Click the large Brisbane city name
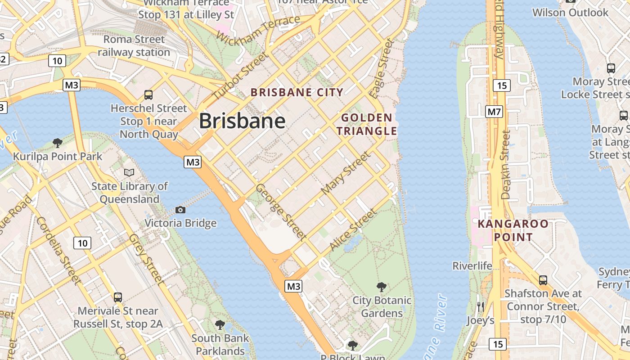(x=242, y=121)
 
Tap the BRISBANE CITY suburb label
(x=297, y=93)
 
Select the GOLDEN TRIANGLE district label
(x=369, y=125)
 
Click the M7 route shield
(x=494, y=112)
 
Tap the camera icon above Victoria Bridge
(x=180, y=210)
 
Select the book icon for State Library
(x=129, y=172)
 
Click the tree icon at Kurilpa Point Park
(x=57, y=143)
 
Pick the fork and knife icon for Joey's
(x=480, y=307)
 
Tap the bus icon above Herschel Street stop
(x=148, y=94)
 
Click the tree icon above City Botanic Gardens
(x=382, y=287)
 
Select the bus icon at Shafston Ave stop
(x=543, y=280)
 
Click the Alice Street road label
(x=352, y=230)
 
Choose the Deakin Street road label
(x=506, y=165)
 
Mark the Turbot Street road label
(x=240, y=76)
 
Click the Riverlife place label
(x=472, y=266)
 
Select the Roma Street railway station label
(x=134, y=46)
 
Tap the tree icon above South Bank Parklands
(x=220, y=324)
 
